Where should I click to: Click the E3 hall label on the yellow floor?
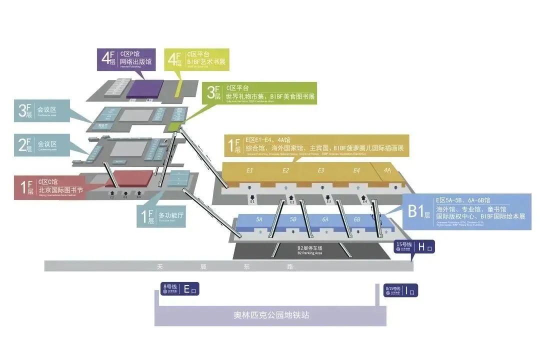point(321,170)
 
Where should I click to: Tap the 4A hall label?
point(387,170)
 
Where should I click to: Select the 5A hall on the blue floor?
point(259,219)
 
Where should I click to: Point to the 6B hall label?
point(357,219)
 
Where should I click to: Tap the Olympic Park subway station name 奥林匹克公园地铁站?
point(271,315)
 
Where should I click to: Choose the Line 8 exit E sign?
point(179,289)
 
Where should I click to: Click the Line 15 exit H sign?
point(414,246)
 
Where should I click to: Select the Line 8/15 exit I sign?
point(400,290)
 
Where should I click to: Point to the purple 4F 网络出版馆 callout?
point(125,59)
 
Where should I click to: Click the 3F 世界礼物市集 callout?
point(260,93)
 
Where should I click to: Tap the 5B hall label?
point(293,219)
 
